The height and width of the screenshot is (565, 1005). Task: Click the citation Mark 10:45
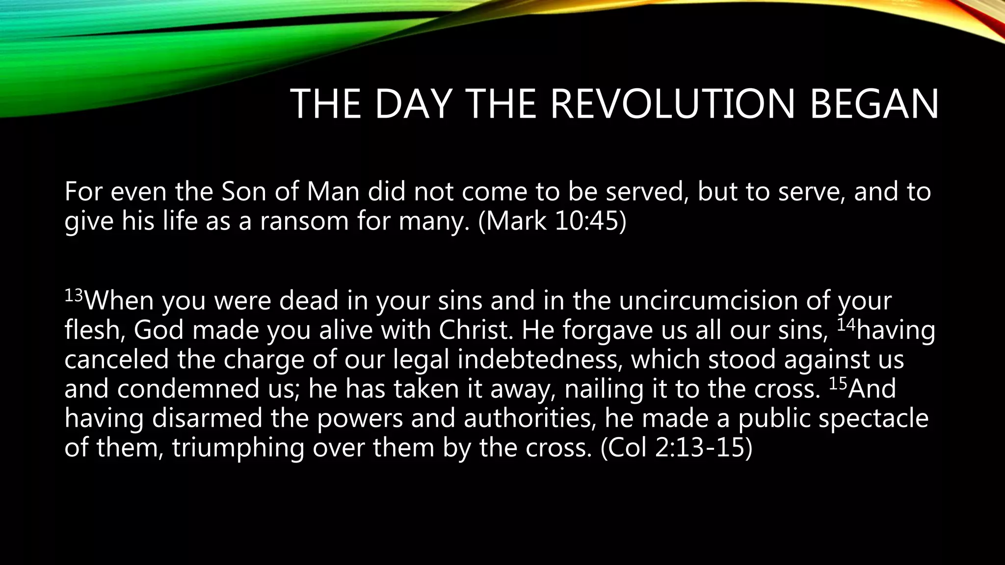[x=552, y=221]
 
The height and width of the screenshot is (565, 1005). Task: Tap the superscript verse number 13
[x=74, y=295]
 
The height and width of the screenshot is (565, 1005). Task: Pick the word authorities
[x=530, y=418]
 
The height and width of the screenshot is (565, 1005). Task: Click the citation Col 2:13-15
[x=677, y=448]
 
